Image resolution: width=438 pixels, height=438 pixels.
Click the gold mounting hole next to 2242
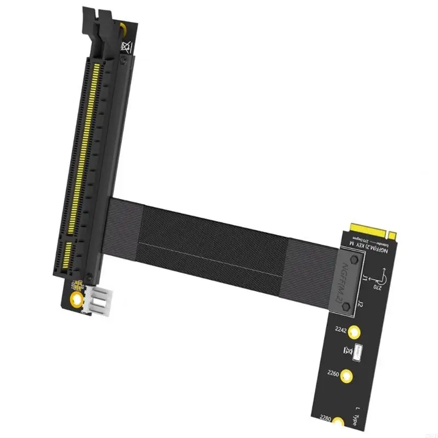click(x=356, y=331)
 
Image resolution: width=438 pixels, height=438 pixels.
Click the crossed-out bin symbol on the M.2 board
click(x=346, y=350)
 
